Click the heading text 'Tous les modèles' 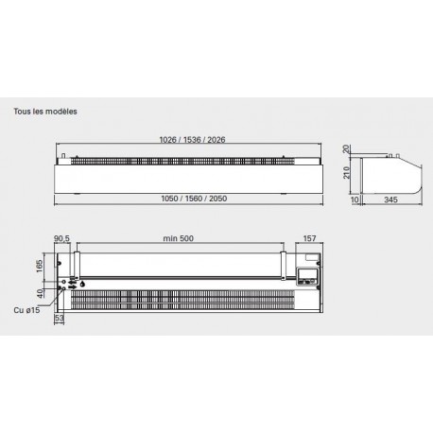coord(45,112)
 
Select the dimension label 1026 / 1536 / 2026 coord(192,140)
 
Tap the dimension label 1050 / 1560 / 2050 coord(194,199)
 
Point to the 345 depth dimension coord(390,199)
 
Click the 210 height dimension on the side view coord(346,172)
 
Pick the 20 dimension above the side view coord(346,148)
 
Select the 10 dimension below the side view coord(355,199)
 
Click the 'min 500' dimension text coord(179,238)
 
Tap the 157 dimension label coord(309,238)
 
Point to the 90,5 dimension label coord(61,238)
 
